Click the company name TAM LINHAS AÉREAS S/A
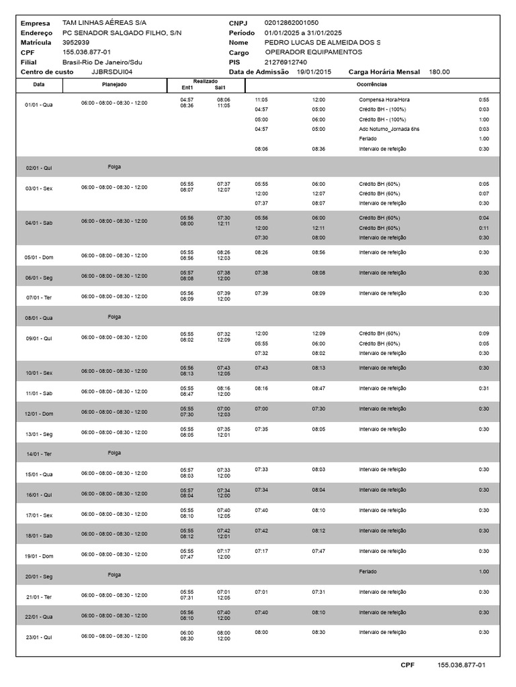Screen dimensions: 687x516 click(x=103, y=23)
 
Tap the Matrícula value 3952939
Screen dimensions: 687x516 click(x=75, y=42)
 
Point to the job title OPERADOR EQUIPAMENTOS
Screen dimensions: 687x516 click(x=313, y=52)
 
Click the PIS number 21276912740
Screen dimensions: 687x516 click(x=286, y=62)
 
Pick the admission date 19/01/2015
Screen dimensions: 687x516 click(x=315, y=72)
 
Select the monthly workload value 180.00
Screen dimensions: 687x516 click(x=439, y=72)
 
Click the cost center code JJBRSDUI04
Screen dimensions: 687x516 click(x=112, y=72)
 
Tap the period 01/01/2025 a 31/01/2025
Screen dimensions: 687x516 click(x=303, y=32)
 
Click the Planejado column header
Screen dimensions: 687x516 click(x=114, y=85)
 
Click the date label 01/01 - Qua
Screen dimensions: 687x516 click(x=38, y=105)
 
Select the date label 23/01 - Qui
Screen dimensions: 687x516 click(x=38, y=636)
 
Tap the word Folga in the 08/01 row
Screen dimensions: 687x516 click(x=114, y=316)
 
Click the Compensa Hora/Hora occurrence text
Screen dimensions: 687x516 click(x=384, y=99)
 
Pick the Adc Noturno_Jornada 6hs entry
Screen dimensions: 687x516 click(x=389, y=129)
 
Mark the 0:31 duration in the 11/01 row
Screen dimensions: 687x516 click(x=483, y=388)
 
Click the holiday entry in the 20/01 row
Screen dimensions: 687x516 click(x=368, y=572)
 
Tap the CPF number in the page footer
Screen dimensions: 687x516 click(x=461, y=665)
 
